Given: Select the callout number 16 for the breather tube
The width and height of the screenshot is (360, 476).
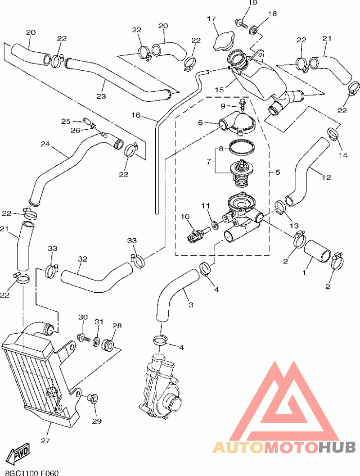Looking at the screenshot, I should (x=136, y=115).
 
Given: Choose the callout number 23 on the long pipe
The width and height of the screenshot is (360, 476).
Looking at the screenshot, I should (x=101, y=96).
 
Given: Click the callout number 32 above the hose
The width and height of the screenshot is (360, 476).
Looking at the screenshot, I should (x=82, y=259).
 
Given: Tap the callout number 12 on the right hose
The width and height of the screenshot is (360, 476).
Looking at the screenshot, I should (x=327, y=177).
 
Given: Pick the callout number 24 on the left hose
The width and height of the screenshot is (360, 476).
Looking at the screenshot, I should (x=45, y=144).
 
